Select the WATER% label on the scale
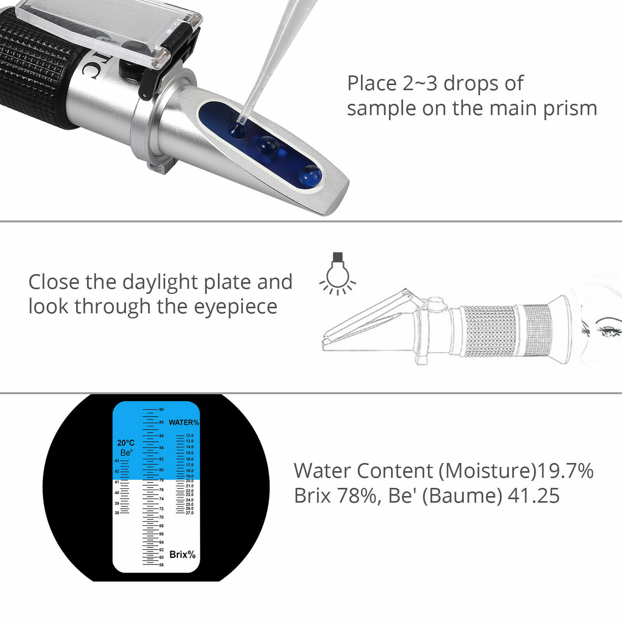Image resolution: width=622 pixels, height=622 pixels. click(x=183, y=423)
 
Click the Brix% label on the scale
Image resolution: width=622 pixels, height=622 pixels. click(x=182, y=555)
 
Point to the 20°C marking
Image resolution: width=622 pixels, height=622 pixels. click(x=126, y=443)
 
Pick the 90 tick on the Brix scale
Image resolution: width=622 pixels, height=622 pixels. click(x=161, y=409)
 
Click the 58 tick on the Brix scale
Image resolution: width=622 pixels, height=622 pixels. click(x=161, y=565)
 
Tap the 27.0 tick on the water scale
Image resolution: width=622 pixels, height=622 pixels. click(x=189, y=513)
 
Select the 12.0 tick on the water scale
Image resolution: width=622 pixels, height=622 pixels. click(x=189, y=436)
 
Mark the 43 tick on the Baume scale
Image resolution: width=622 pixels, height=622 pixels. click(x=117, y=461)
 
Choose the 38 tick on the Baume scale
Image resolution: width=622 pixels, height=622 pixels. click(x=117, y=513)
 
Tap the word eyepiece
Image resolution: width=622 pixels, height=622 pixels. click(x=236, y=307)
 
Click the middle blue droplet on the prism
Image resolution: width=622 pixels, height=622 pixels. click(x=268, y=146)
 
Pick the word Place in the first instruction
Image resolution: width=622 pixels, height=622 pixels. click(x=372, y=84)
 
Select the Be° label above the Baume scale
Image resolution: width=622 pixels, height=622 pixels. click(x=126, y=453)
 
